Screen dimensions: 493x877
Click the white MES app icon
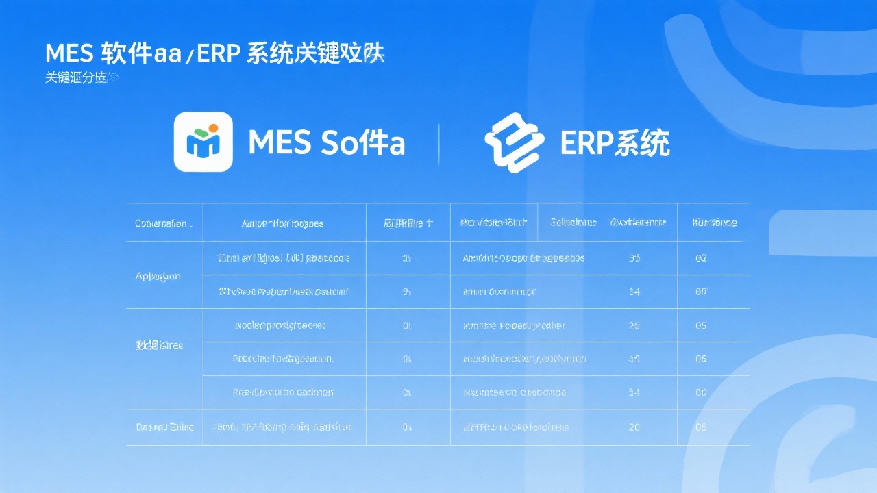(203, 142)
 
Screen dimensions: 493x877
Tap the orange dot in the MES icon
(212, 128)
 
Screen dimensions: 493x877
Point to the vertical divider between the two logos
(438, 144)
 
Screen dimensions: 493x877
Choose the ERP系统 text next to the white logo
(614, 143)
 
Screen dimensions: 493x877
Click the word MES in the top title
(69, 53)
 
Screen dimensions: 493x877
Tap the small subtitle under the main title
(81, 78)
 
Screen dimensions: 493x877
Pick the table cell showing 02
(701, 258)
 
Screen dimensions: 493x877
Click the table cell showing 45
(634, 358)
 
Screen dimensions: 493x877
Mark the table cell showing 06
(701, 358)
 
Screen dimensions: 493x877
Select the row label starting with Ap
(158, 276)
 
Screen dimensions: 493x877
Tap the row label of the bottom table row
(164, 427)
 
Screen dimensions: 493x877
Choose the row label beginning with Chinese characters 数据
(160, 345)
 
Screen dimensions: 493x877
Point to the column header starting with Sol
(573, 223)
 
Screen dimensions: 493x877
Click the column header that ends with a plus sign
(408, 223)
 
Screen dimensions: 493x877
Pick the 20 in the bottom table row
(634, 427)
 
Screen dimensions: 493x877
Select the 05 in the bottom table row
(701, 427)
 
